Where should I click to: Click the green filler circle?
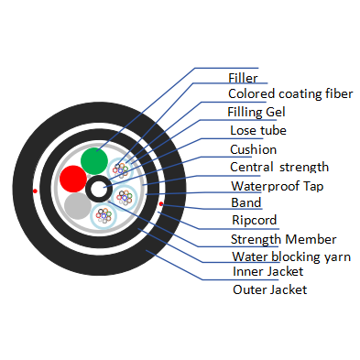click(93, 161)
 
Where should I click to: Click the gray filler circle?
click(78, 207)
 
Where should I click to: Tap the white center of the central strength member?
click(96, 190)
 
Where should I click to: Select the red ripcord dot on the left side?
click(34, 191)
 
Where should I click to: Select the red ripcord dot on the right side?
click(161, 202)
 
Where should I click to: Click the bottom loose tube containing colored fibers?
click(104, 217)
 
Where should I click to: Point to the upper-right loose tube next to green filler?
click(120, 169)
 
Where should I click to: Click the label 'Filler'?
click(242, 79)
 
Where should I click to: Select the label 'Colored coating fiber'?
click(289, 93)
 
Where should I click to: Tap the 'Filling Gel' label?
click(257, 112)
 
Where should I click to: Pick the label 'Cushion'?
click(252, 148)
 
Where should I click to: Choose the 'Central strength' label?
click(278, 167)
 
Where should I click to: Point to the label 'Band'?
click(245, 202)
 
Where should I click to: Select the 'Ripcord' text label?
click(255, 221)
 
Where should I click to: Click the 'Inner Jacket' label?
click(267, 271)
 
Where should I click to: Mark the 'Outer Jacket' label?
click(268, 289)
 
